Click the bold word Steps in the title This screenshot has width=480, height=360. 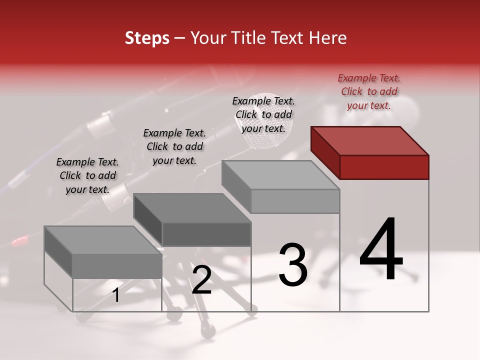tap(146, 38)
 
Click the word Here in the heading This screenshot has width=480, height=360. tap(327, 38)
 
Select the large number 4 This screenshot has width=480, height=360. tap(381, 250)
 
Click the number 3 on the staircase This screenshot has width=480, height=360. tap(292, 265)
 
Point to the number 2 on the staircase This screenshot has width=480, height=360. tap(201, 280)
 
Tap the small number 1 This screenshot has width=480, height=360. tap(115, 295)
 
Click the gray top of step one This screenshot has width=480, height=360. tap(103, 240)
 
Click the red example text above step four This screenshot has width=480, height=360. tap(369, 91)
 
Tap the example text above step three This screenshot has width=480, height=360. tap(263, 114)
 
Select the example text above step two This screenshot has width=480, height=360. tap(174, 146)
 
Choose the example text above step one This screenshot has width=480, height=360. tap(87, 175)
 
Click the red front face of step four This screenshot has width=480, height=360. tap(384, 167)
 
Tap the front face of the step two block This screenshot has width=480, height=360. tap(206, 234)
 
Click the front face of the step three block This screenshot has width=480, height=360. tap(295, 201)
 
